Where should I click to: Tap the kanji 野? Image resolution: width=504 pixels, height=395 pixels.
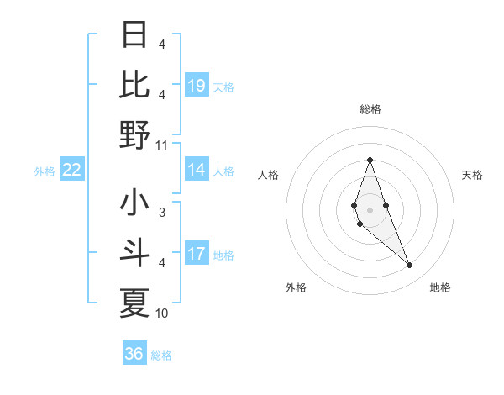click(134, 134)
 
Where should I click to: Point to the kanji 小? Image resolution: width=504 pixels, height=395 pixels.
click(134, 204)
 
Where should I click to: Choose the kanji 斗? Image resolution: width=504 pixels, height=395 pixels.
click(134, 254)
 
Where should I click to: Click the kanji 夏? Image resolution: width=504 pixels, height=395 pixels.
click(134, 303)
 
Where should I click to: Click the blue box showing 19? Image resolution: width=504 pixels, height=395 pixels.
click(197, 85)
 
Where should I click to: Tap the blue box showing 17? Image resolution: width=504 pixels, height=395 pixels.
click(197, 254)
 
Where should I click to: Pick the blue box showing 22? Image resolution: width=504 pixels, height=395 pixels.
click(72, 171)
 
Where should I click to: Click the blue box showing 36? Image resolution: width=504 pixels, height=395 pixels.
click(134, 354)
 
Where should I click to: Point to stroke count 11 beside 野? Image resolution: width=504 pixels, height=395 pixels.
click(162, 144)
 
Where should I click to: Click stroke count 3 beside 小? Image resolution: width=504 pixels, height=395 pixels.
click(162, 213)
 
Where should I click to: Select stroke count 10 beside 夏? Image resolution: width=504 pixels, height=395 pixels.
click(162, 313)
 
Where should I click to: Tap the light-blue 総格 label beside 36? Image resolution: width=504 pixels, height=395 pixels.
click(161, 355)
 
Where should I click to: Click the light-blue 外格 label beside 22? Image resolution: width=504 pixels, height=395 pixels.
click(45, 171)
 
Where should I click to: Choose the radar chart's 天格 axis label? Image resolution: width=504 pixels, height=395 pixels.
click(473, 175)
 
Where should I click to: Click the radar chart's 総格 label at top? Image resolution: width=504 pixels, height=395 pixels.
click(370, 109)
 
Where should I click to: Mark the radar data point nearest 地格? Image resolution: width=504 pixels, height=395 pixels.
click(409, 266)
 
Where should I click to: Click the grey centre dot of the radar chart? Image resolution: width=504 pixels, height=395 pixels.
click(370, 210)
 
